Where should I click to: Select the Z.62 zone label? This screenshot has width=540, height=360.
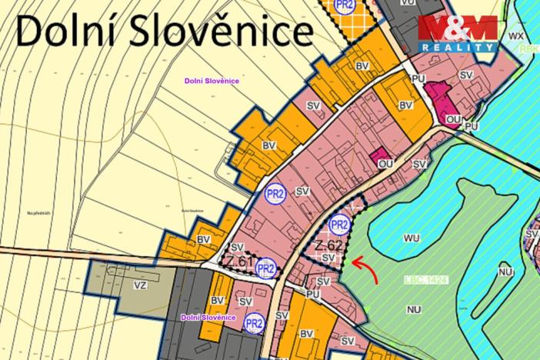tap(329, 246)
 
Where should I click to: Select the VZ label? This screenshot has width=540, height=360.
tap(141, 285)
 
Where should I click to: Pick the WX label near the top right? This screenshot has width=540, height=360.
tap(516, 35)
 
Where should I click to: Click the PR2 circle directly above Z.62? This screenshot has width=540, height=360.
tap(338, 225)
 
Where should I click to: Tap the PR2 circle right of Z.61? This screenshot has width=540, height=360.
tap(266, 268)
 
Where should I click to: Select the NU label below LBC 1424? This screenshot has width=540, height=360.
tap(414, 309)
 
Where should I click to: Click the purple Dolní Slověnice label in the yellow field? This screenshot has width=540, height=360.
tap(212, 81)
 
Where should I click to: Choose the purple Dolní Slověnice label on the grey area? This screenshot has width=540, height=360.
tap(208, 317)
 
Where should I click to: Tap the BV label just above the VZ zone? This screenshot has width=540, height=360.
tap(204, 239)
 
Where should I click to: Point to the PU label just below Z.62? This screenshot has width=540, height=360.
tap(312, 293)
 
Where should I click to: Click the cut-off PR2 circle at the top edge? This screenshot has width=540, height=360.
tap(345, 5)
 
